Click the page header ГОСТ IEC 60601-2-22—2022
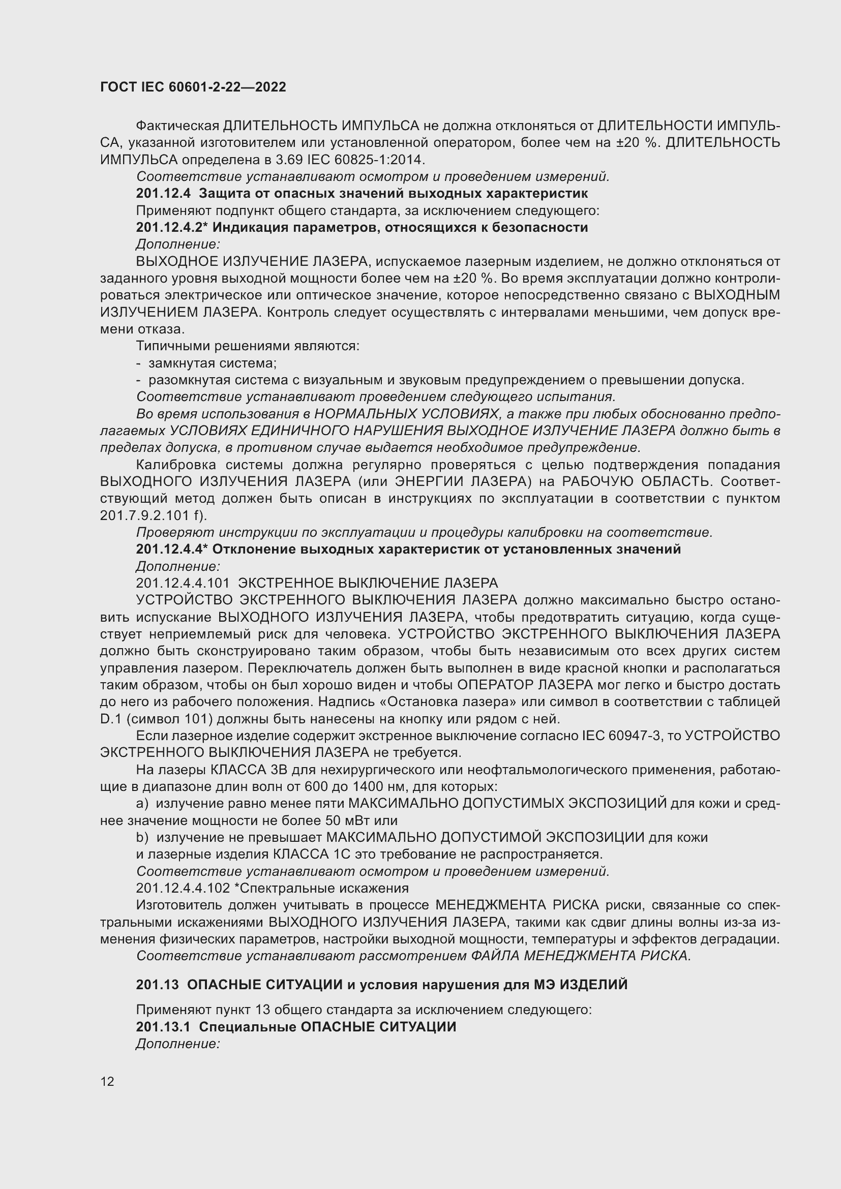click(x=193, y=87)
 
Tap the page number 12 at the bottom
click(x=107, y=1081)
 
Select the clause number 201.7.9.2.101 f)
click(x=153, y=515)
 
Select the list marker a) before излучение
click(x=142, y=804)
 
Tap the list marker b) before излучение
click(x=142, y=837)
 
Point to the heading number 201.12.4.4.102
click(x=183, y=888)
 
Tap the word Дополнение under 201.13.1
click(x=177, y=1044)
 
